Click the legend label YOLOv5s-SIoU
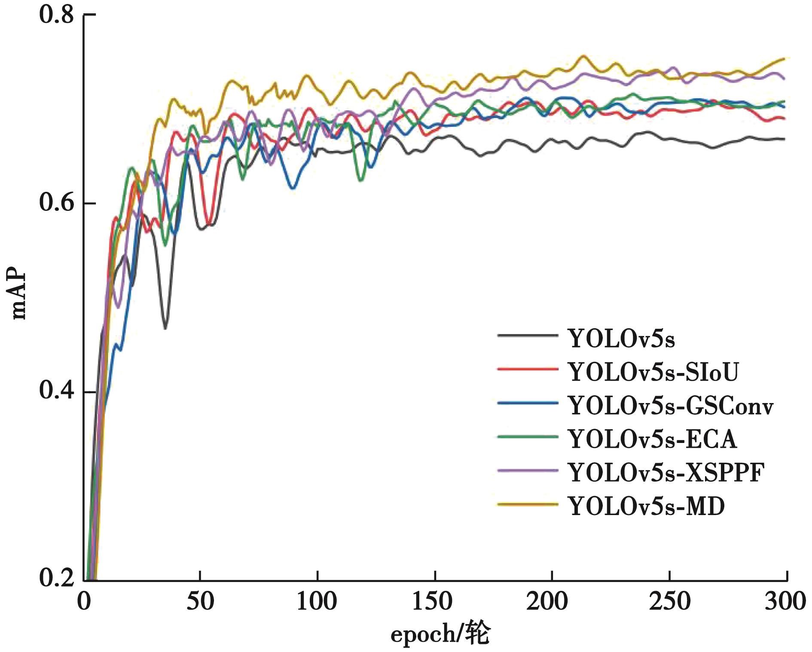click(x=653, y=372)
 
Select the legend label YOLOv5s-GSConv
click(x=670, y=406)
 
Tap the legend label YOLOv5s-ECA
click(x=652, y=439)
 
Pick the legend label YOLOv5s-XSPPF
click(x=666, y=473)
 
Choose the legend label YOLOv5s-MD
click(x=646, y=506)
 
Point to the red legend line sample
click(x=528, y=369)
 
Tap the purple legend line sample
click(x=528, y=470)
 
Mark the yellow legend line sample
click(x=528, y=503)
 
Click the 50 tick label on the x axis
click(x=200, y=602)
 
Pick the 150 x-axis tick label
click(x=432, y=602)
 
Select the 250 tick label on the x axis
click(x=669, y=602)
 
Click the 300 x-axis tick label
click(x=785, y=602)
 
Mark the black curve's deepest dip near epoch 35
click(x=165, y=329)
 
